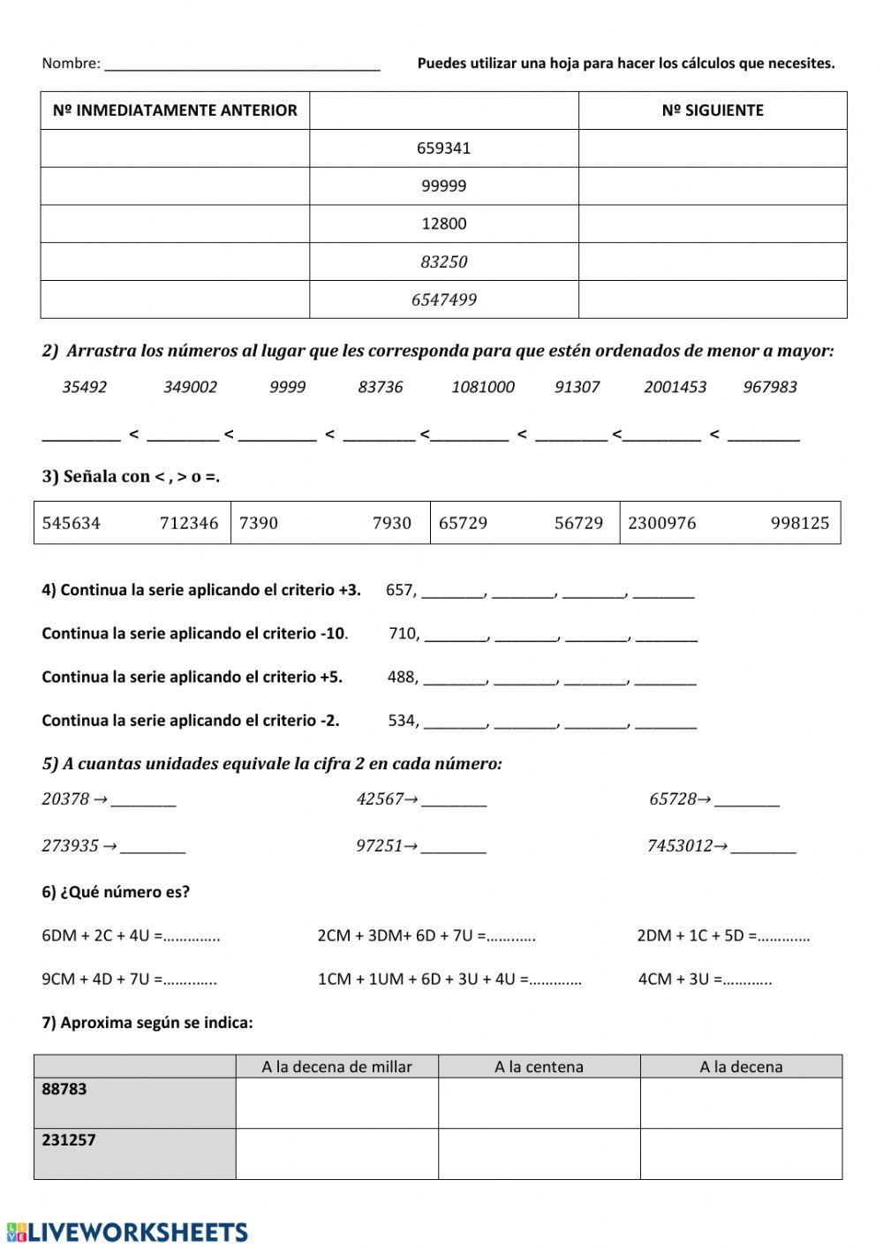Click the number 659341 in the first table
(443, 148)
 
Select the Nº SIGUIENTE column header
(712, 110)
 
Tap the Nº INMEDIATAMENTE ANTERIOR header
(175, 110)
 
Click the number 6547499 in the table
(443, 299)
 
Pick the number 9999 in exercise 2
(288, 387)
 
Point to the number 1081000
(482, 387)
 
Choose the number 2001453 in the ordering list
(675, 387)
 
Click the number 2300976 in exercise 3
(662, 523)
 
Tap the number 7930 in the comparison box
(391, 523)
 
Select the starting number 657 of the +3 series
(400, 590)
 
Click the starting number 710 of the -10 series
(404, 633)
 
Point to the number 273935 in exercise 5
(70, 846)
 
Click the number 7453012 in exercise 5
(679, 846)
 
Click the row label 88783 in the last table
(64, 1089)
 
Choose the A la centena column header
(539, 1067)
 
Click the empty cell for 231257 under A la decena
(741, 1153)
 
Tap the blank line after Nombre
(242, 64)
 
